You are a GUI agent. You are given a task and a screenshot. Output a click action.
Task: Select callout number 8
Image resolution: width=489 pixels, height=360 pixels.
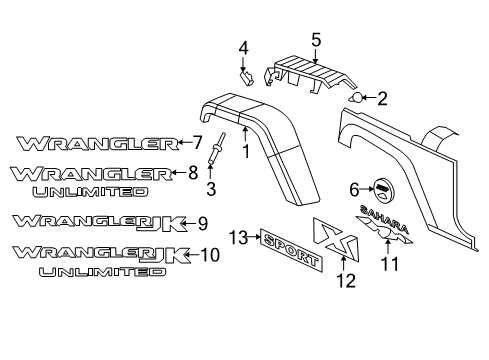point(193,172)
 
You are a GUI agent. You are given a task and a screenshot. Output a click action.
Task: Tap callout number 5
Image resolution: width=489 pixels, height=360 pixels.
point(315,40)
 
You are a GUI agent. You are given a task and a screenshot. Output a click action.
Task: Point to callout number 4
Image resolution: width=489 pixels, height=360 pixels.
point(241,48)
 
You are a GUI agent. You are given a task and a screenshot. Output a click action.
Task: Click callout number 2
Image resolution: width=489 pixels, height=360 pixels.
point(381,98)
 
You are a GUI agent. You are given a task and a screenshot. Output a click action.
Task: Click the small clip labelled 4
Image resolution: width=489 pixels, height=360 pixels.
point(243,74)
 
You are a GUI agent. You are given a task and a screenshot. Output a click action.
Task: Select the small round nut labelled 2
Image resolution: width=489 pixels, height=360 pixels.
point(357,98)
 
